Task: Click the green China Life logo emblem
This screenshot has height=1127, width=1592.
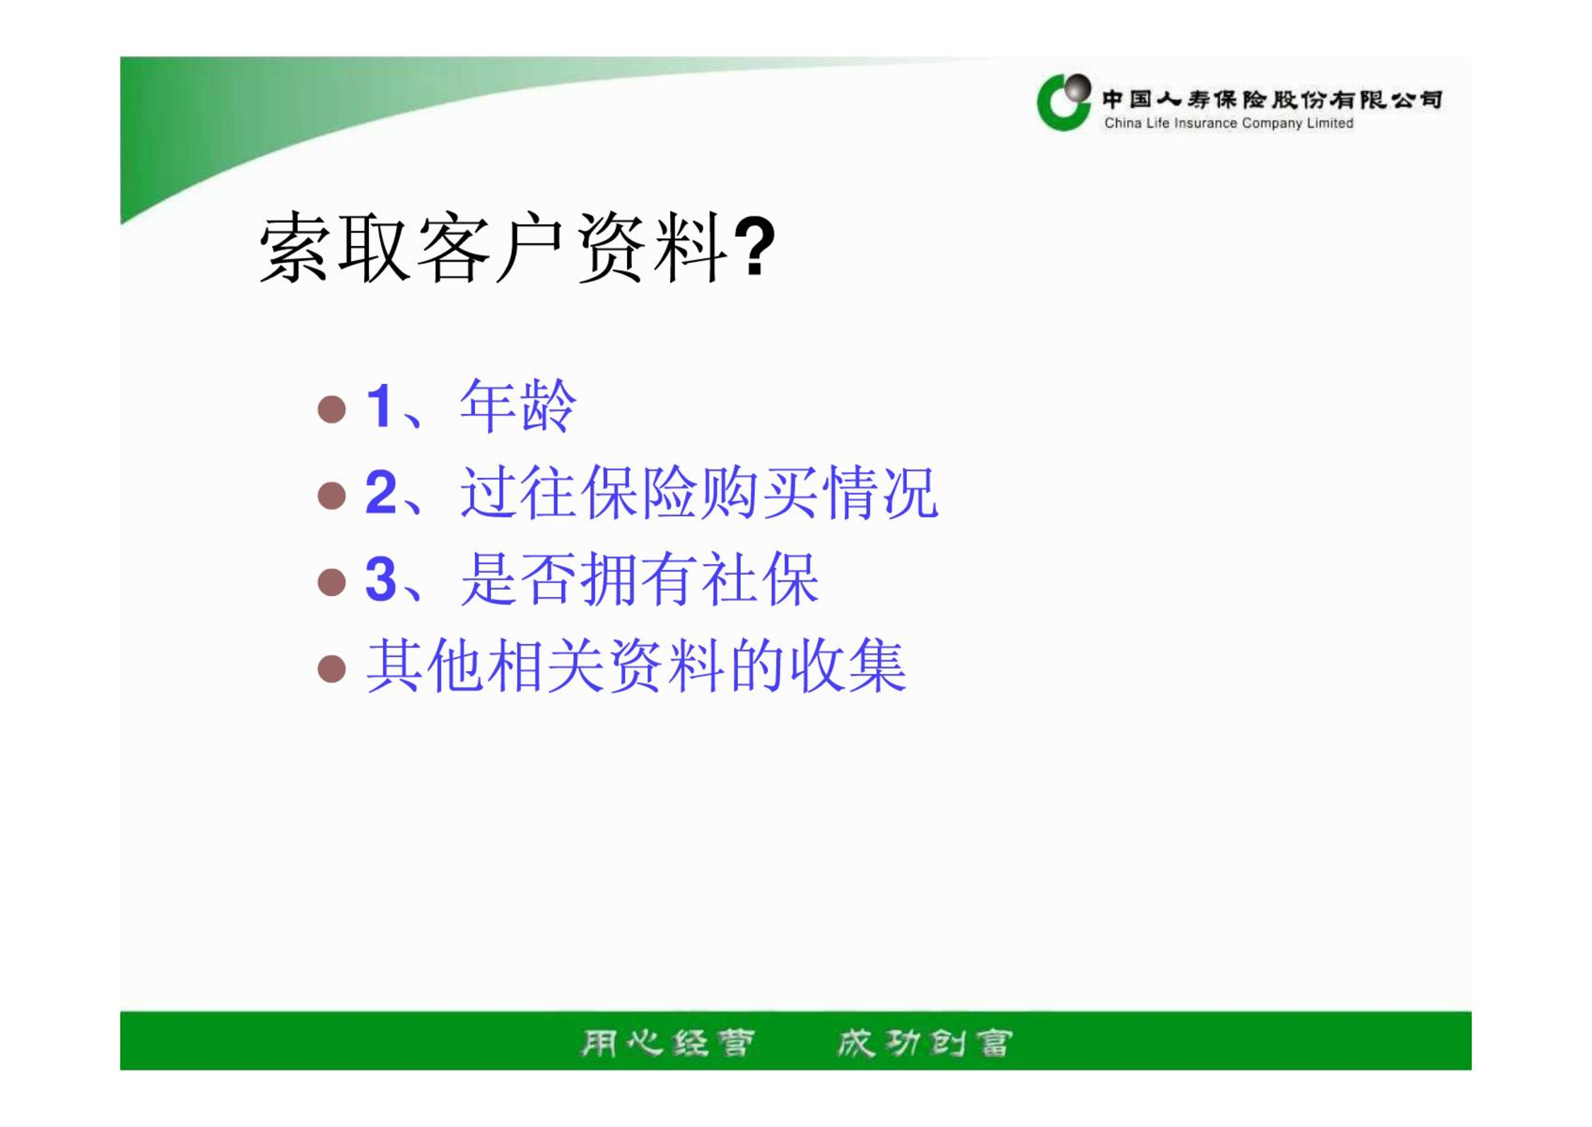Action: pyautogui.click(x=1063, y=103)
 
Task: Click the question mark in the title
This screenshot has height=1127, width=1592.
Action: pyautogui.click(x=754, y=246)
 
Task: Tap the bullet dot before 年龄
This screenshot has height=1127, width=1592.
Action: pyautogui.click(x=332, y=409)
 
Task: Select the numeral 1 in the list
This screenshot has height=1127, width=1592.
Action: pyautogui.click(x=380, y=406)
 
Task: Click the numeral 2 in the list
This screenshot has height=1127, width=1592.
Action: pyautogui.click(x=382, y=492)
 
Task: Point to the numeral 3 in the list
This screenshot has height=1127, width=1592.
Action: pyautogui.click(x=382, y=579)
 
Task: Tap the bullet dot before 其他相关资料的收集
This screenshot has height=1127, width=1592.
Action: pyautogui.click(x=332, y=668)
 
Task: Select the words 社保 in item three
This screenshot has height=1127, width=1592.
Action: pyautogui.click(x=760, y=579)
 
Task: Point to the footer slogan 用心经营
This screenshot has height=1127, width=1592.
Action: pyautogui.click(x=667, y=1042)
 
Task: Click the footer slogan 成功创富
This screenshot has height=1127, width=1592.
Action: pyautogui.click(x=925, y=1042)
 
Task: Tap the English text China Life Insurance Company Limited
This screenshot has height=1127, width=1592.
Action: pyautogui.click(x=1229, y=123)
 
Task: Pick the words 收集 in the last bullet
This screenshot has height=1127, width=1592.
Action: pyautogui.click(x=848, y=665)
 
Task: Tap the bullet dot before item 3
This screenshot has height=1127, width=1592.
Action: pyautogui.click(x=332, y=582)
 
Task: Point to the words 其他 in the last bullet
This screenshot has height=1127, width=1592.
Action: pyautogui.click(x=426, y=665)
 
